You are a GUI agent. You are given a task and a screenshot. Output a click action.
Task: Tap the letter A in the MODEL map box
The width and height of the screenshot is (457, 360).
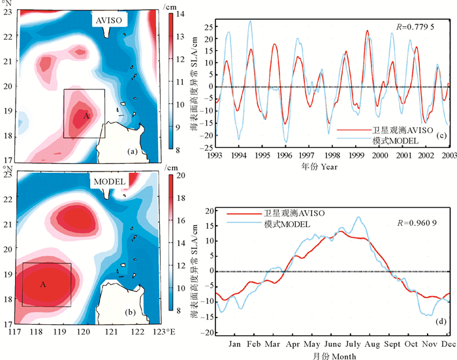[43, 284]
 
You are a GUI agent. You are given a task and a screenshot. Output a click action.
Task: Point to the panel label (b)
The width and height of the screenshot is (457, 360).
[131, 313]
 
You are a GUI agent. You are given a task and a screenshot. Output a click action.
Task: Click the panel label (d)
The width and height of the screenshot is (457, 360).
[441, 321]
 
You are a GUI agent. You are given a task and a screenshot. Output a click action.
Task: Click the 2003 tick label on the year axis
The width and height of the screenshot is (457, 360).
[449, 156]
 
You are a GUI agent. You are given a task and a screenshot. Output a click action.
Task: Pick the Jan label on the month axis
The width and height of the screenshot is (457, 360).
[235, 344]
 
